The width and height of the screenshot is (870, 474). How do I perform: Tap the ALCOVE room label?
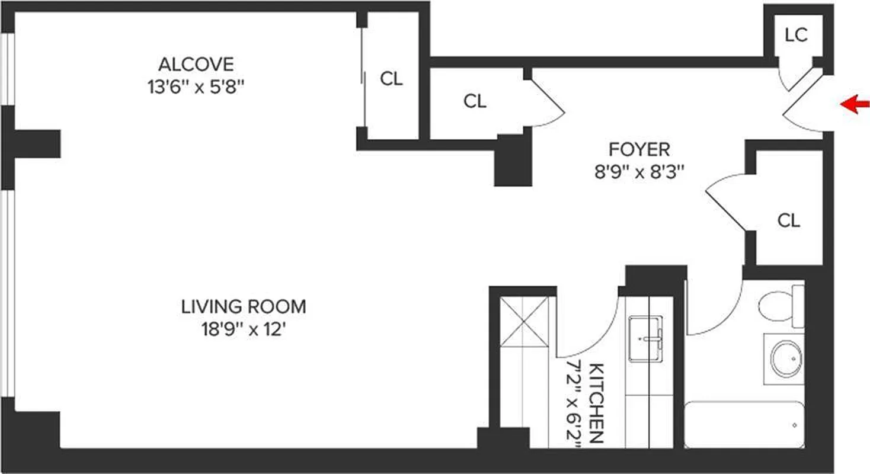point(196,63)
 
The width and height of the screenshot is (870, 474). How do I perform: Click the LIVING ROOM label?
point(244,307)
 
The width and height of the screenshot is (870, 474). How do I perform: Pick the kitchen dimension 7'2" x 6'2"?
point(574,403)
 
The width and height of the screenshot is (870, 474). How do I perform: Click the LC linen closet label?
point(795,36)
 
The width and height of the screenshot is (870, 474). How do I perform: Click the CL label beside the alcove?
point(391,79)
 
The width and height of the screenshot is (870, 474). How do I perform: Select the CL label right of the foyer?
point(788,221)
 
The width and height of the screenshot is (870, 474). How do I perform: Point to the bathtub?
point(744,424)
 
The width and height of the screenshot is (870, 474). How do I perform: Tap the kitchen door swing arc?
point(587,332)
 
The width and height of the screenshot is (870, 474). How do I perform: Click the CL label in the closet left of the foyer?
point(475,101)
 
